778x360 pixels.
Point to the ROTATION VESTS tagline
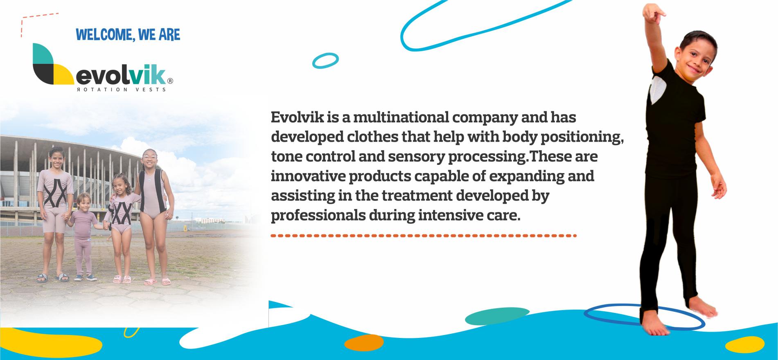[x=121, y=89]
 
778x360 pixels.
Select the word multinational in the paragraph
[x=397, y=117]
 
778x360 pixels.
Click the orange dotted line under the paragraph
[x=424, y=236]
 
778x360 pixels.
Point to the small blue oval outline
[x=325, y=61]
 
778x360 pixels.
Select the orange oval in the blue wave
[x=364, y=343]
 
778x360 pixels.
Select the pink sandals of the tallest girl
[x=157, y=281]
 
